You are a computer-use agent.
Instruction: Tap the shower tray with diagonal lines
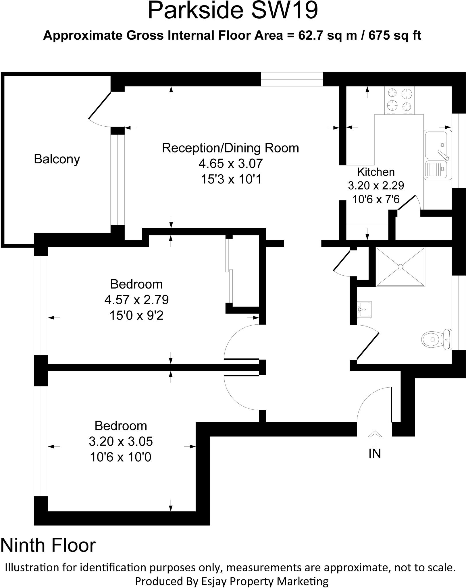(x=400, y=267)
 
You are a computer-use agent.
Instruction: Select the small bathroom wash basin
(x=364, y=309)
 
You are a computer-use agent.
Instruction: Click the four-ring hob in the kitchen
(x=400, y=100)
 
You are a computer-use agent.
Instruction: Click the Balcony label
(x=57, y=159)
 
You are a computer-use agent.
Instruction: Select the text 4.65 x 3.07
(x=231, y=164)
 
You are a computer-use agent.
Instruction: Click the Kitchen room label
(x=376, y=172)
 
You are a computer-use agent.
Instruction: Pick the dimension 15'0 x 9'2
(x=136, y=316)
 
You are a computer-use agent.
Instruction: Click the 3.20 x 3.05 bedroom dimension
(x=121, y=441)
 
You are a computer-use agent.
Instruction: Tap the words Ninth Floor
(x=48, y=545)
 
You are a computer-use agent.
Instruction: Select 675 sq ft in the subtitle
(x=395, y=36)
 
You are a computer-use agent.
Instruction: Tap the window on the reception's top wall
(x=292, y=79)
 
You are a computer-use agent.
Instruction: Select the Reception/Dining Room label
(x=230, y=148)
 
